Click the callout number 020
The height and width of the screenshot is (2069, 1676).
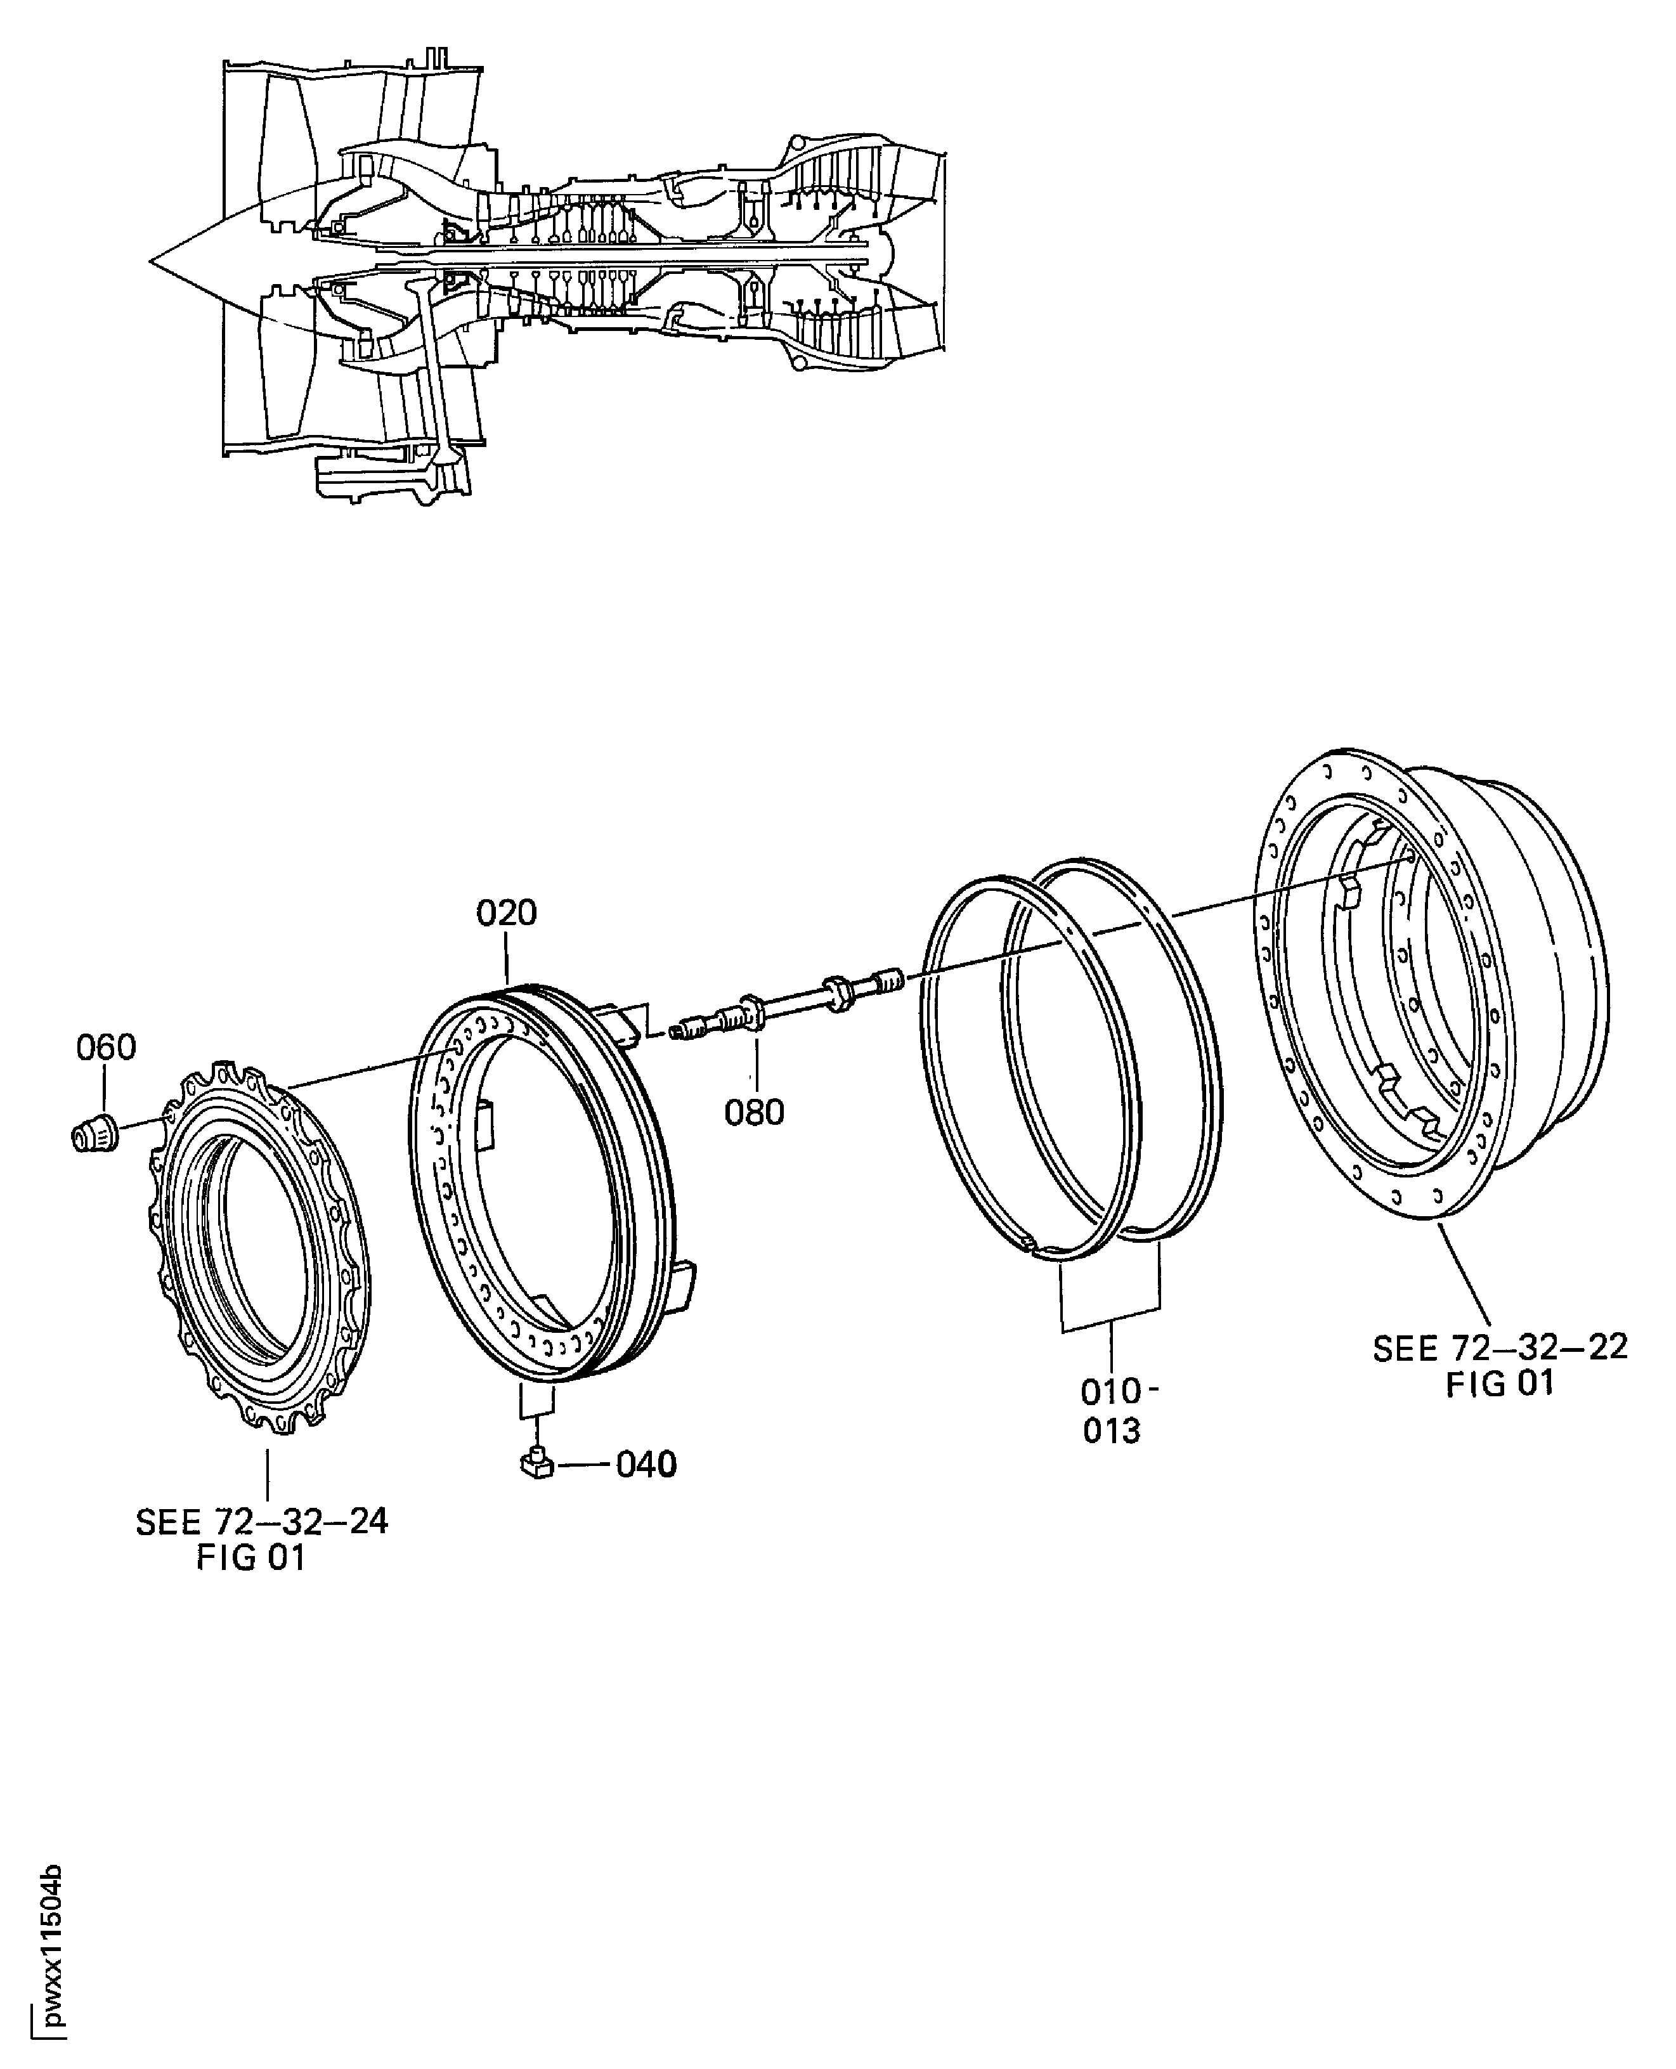point(506,913)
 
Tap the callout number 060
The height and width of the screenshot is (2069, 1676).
point(106,1047)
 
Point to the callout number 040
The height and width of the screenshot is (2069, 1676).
point(646,1465)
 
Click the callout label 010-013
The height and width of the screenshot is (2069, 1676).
point(1112,1411)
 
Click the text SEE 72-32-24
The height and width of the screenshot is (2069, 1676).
point(262,1522)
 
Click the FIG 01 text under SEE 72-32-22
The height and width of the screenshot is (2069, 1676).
point(1499,1384)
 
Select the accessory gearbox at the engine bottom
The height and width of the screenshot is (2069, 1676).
point(386,478)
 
